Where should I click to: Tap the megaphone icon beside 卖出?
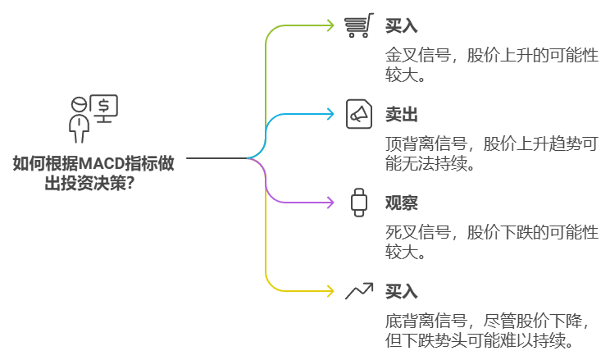pyautogui.click(x=358, y=114)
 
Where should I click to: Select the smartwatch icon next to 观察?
pyautogui.click(x=358, y=202)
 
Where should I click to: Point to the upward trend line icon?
pyautogui.click(x=358, y=290)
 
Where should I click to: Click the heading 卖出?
pyautogui.click(x=401, y=115)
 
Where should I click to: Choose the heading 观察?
pyautogui.click(x=401, y=203)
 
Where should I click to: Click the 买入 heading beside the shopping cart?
pyautogui.click(x=401, y=26)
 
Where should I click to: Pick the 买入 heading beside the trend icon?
pyautogui.click(x=401, y=291)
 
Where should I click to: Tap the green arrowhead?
pyautogui.click(x=331, y=25)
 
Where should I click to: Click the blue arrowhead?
pyautogui.click(x=331, y=114)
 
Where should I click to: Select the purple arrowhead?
pyautogui.click(x=331, y=202)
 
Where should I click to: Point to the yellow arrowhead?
pyautogui.click(x=331, y=290)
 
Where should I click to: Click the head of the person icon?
pyautogui.click(x=80, y=104)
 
